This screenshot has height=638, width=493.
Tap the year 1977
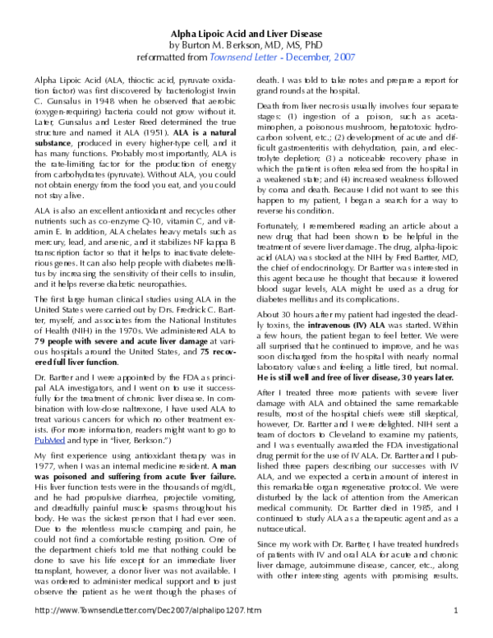coord(50,466)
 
